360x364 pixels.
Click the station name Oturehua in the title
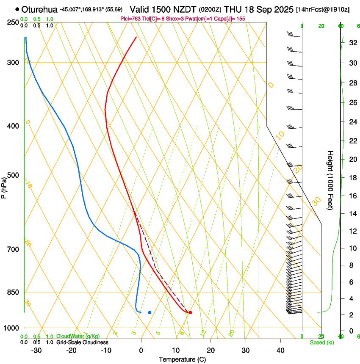pyautogui.click(x=40, y=9)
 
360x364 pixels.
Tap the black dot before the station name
pyautogui.click(x=17, y=9)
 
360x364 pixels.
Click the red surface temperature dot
pyautogui.click(x=190, y=312)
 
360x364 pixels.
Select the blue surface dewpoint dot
pyautogui.click(x=150, y=312)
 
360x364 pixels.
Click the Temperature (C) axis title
pyautogui.click(x=182, y=359)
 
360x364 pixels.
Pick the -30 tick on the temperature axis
pyautogui.click(x=37, y=350)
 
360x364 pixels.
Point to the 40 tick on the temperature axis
pyautogui.click(x=280, y=350)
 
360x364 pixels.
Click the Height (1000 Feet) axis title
pyautogui.click(x=330, y=180)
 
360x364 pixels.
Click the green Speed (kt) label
pyautogui.click(x=322, y=342)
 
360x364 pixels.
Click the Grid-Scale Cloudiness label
pyautogui.click(x=82, y=342)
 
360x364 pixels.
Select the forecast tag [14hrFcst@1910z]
pyautogui.click(x=323, y=9)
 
